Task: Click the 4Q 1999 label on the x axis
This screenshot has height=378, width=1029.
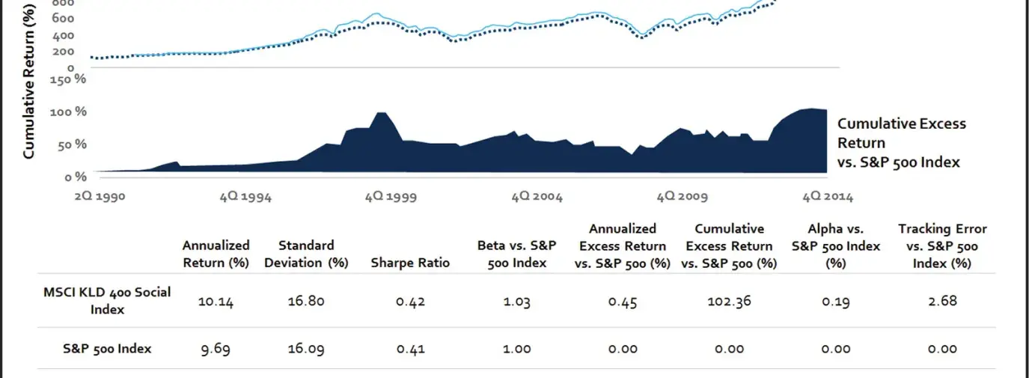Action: tap(391, 197)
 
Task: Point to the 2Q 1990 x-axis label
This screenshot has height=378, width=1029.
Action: tap(99, 197)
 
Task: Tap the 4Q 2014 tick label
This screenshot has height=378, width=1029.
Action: tap(827, 197)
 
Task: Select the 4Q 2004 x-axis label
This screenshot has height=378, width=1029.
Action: tap(537, 197)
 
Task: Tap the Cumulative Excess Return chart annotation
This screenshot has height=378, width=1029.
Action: tap(901, 142)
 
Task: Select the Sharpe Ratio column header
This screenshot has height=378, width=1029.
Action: tap(410, 263)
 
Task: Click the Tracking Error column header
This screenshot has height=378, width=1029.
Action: tap(942, 246)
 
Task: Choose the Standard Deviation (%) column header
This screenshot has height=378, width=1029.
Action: tap(306, 254)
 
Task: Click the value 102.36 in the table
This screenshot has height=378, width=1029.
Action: tap(729, 301)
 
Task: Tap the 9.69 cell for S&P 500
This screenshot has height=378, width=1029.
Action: tap(216, 348)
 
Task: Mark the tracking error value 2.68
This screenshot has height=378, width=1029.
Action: tap(941, 301)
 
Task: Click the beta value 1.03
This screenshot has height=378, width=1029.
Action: tap(516, 301)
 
